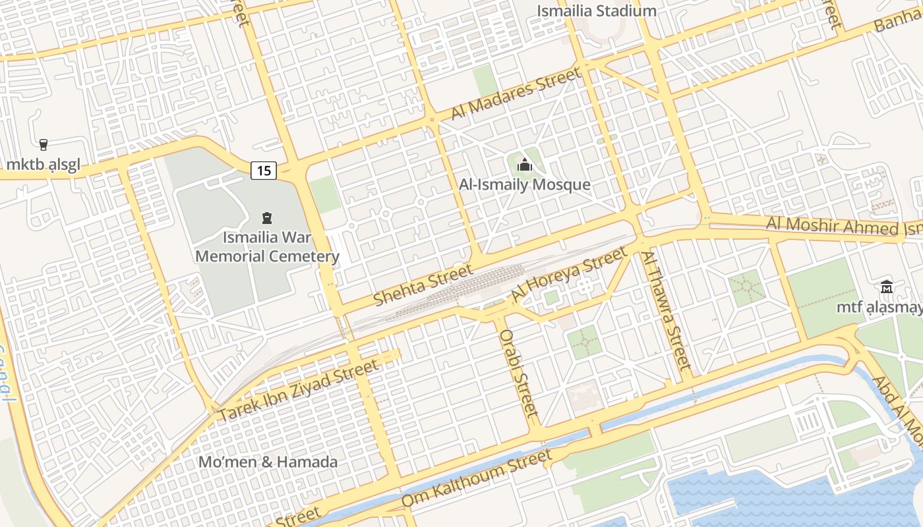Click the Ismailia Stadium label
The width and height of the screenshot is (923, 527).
coord(597,11)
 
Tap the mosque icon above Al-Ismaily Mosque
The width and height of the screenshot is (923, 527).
coord(525,165)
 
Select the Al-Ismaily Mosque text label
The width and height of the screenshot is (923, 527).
coord(525,184)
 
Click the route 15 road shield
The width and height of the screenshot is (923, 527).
coord(264,171)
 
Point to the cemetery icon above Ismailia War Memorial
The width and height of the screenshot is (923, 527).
coord(267,217)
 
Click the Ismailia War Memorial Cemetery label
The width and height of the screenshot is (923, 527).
coord(268,246)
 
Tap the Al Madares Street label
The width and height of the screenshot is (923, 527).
coord(516,94)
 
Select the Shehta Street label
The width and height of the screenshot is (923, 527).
coord(423,285)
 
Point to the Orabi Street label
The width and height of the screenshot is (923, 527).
coord(520,373)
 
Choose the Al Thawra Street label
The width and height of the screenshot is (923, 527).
coord(666,310)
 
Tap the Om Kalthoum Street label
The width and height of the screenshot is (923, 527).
coord(476,479)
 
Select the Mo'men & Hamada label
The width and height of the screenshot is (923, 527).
coord(268,462)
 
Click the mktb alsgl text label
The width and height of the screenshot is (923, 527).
coord(44,165)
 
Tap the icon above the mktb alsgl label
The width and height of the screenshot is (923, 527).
coord(44,144)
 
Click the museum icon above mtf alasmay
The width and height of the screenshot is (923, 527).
coord(887,287)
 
